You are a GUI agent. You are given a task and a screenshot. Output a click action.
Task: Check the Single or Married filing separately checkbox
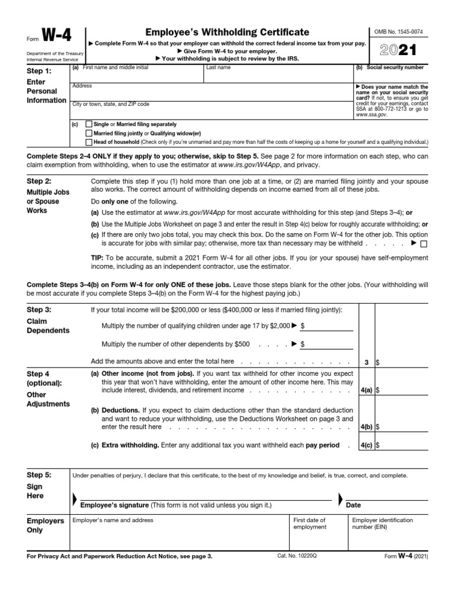89,124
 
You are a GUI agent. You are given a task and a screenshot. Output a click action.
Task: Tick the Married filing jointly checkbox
89,133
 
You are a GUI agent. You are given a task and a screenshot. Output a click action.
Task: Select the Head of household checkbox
89,142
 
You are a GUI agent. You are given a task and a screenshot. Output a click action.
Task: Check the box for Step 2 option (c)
423,243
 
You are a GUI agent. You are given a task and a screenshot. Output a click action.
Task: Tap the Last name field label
219,68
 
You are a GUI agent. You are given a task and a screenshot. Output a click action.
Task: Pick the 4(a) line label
366,391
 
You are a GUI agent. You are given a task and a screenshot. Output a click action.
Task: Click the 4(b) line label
366,426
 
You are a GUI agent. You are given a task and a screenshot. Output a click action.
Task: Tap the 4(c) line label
366,444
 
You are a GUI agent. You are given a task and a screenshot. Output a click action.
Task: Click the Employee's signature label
114,505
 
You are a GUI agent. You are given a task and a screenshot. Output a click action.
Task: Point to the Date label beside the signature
353,505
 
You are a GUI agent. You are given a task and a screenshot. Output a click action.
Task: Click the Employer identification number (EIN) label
382,524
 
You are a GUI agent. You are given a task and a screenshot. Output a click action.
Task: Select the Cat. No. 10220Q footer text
297,557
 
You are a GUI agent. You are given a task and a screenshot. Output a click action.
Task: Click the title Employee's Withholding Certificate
227,33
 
